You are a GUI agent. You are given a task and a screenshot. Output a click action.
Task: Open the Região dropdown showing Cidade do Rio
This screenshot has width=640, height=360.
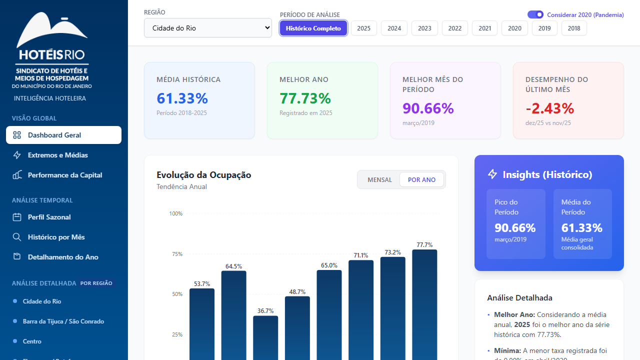[x=207, y=28]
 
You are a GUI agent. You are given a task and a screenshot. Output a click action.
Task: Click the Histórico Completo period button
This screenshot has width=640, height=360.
[x=313, y=28]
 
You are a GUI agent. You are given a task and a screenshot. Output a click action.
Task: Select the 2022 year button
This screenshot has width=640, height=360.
[x=454, y=28]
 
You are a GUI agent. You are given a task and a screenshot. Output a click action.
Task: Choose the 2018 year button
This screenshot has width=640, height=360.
[x=574, y=28]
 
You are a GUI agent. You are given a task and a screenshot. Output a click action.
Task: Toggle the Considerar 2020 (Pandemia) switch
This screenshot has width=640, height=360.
[x=535, y=15]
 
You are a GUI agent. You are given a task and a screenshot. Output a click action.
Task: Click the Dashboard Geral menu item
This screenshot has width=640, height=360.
[x=63, y=135]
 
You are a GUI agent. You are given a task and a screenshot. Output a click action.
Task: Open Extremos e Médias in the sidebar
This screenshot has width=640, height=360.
[x=57, y=155]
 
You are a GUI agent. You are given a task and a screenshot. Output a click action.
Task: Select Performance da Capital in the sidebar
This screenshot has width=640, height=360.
[x=64, y=175]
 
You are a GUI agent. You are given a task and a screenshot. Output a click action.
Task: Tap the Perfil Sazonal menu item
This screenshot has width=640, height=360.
[x=49, y=217]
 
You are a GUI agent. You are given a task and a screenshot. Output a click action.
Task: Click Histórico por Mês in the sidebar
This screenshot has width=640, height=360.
[x=56, y=237]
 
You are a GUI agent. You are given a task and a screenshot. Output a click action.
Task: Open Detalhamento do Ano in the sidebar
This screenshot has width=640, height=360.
[x=63, y=257]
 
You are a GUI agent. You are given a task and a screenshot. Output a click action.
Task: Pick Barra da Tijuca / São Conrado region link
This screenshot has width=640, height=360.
[x=63, y=321]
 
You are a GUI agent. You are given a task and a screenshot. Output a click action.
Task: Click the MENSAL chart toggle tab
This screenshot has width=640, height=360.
[x=379, y=180]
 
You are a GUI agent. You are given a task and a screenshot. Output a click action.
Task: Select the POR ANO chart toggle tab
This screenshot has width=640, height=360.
[x=421, y=180]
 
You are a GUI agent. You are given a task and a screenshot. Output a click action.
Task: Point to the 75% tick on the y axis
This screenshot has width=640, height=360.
[x=177, y=254]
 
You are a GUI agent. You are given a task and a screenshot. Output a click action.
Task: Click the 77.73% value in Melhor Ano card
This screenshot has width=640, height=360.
[x=305, y=98]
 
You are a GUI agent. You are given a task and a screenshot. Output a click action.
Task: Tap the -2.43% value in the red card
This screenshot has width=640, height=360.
[x=549, y=108]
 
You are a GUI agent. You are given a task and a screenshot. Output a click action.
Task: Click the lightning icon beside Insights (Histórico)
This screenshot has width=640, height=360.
[x=492, y=174]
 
